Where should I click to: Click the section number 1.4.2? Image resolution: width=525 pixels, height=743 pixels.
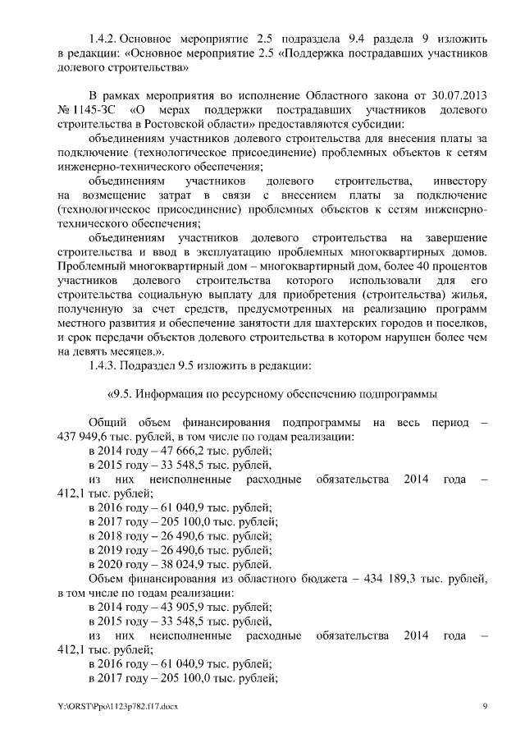click(x=103, y=39)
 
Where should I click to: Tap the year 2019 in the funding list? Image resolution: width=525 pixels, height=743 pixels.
click(x=112, y=551)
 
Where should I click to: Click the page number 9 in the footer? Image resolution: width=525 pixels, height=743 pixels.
click(x=485, y=706)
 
